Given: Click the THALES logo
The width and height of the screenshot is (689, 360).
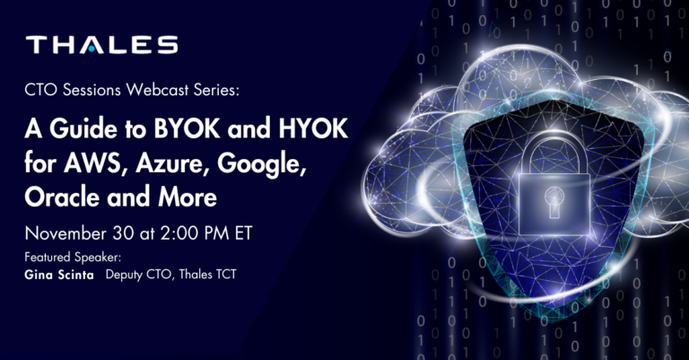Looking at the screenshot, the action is tap(102, 45).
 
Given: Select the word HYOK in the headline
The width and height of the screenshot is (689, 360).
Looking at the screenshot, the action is tap(313, 129).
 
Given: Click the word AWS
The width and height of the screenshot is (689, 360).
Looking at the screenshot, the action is tap(95, 163).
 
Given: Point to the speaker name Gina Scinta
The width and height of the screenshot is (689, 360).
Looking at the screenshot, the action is tap(59, 276).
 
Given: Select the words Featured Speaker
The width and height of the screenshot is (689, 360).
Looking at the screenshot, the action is tap(73, 257).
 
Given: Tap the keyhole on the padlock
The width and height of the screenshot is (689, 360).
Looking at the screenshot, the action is tap(554, 201).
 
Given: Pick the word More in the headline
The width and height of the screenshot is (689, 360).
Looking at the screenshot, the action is tap(188, 197).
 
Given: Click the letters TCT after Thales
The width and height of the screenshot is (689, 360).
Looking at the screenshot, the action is tap(225, 275).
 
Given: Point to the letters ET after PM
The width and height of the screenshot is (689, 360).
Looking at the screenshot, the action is tap(243, 233).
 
